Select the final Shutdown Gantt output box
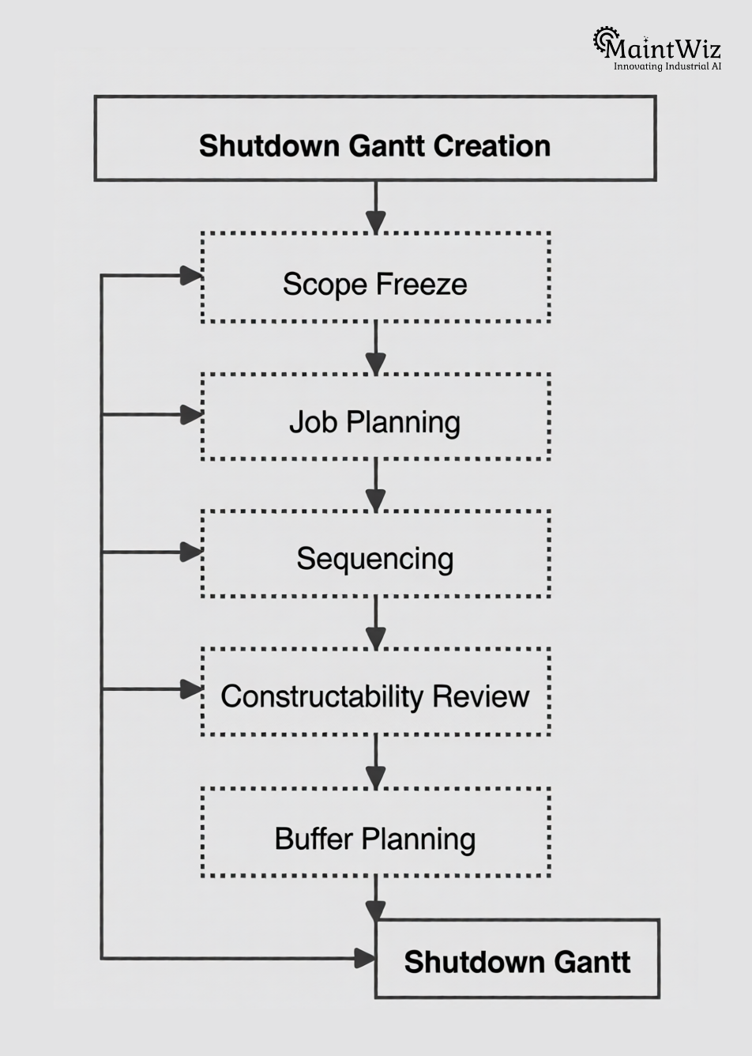(x=517, y=959)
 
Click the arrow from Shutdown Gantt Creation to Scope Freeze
(x=375, y=207)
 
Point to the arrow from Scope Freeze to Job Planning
(x=375, y=348)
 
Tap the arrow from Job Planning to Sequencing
(x=375, y=485)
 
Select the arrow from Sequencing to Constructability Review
(x=375, y=623)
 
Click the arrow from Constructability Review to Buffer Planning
(x=375, y=762)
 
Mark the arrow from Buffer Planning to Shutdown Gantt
(x=375, y=898)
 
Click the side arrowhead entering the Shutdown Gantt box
(x=364, y=958)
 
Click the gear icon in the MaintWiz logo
(x=605, y=40)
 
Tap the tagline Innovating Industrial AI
(x=667, y=66)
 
